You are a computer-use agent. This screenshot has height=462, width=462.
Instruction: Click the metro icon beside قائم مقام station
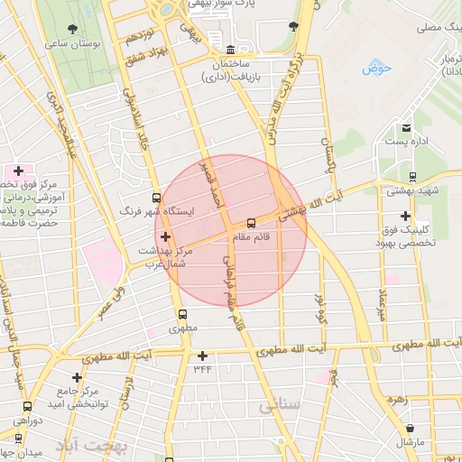click(251, 222)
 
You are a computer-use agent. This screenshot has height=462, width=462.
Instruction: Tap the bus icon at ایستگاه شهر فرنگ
click(158, 198)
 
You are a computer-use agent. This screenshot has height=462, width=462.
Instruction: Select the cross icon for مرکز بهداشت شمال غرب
click(164, 236)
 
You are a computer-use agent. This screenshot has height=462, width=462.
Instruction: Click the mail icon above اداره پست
click(407, 129)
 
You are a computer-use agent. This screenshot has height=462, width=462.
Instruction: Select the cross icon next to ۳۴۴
click(203, 356)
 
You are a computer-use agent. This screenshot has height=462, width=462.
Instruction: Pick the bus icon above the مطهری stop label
click(183, 316)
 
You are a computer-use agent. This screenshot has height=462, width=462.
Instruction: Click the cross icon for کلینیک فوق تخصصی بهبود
click(407, 216)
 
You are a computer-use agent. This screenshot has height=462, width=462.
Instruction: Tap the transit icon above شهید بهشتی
click(411, 177)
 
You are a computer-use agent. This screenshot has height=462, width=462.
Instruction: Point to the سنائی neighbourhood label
click(280, 406)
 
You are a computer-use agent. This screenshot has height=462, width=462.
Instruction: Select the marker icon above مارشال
click(411, 428)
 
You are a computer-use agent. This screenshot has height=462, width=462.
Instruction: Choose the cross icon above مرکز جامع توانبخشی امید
click(78, 376)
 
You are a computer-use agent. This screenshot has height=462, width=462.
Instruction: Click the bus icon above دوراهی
click(27, 406)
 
